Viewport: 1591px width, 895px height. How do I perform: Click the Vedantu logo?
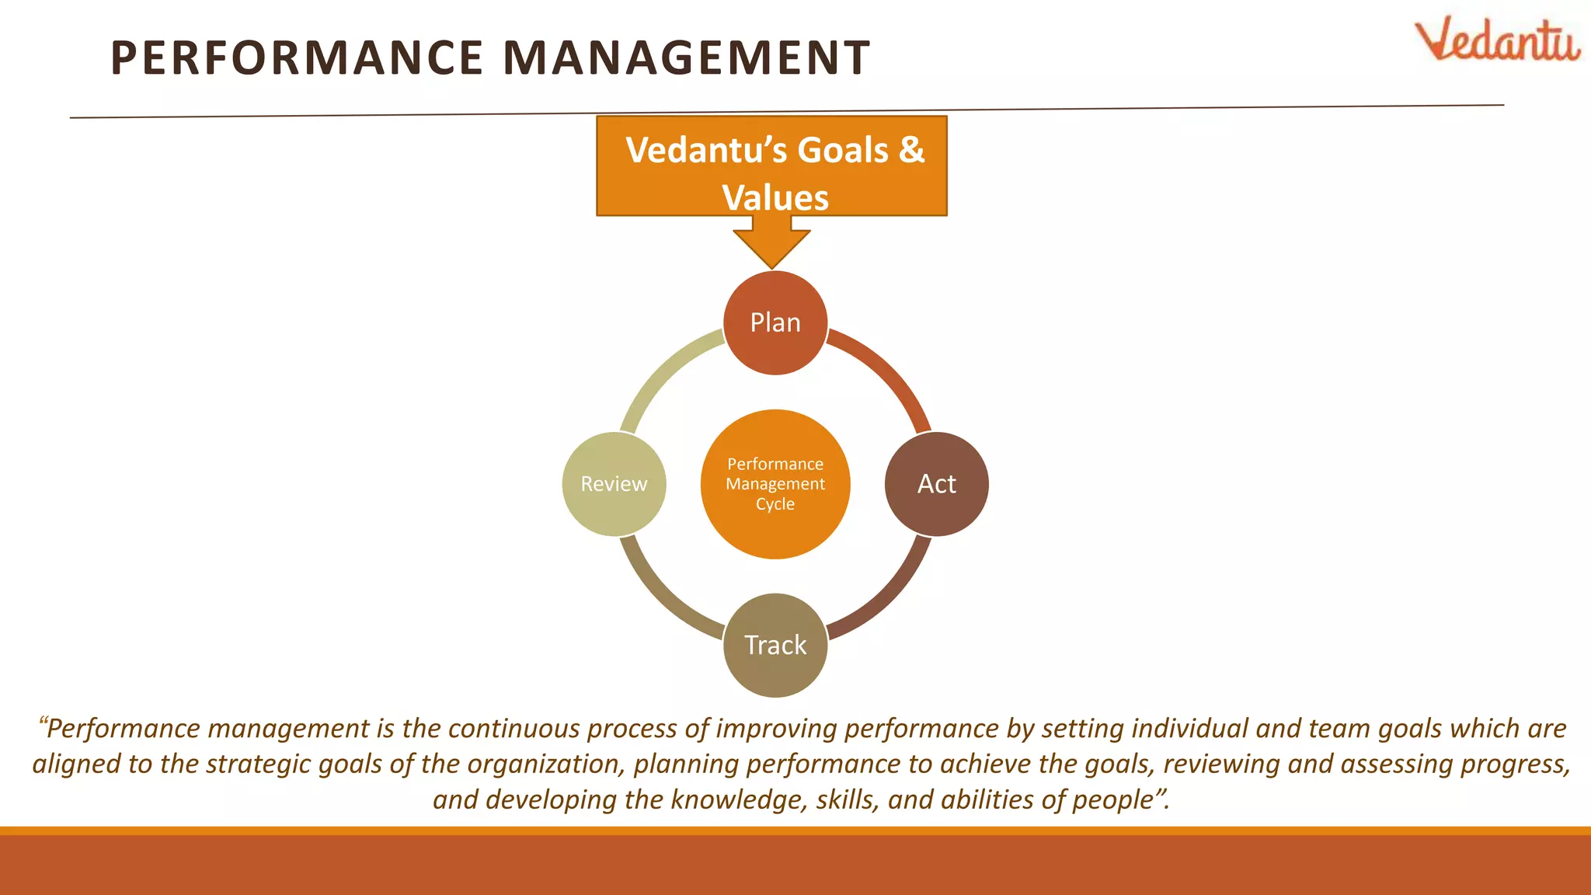(1496, 40)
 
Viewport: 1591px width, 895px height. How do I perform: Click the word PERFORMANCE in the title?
(297, 58)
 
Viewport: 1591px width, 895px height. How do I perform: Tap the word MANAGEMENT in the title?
(687, 58)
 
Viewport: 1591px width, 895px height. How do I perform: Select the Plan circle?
(775, 322)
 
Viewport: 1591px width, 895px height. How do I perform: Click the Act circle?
(936, 484)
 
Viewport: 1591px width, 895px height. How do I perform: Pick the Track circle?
(775, 645)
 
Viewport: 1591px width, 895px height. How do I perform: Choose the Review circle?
(614, 484)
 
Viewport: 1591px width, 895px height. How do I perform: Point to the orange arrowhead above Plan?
(771, 249)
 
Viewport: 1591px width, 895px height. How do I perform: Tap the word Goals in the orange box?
(843, 150)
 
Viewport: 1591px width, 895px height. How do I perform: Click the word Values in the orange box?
(775, 197)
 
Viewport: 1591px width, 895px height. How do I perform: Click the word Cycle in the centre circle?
(775, 504)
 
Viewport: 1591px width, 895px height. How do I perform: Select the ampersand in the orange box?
(911, 150)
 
